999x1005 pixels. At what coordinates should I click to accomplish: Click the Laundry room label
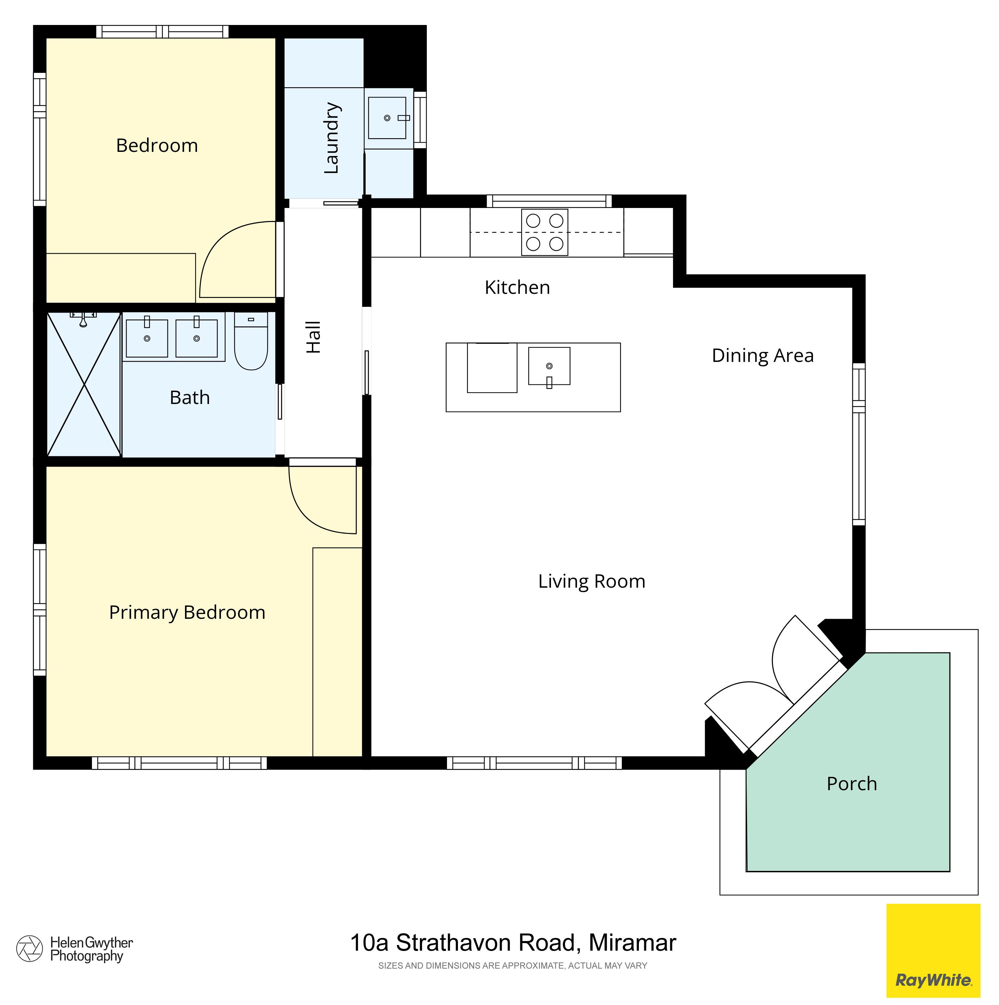[x=331, y=138]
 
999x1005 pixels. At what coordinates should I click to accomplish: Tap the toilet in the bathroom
[x=251, y=341]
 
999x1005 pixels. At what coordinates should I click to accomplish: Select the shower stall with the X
[x=84, y=384]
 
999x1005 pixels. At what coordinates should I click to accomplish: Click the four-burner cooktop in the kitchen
[x=544, y=232]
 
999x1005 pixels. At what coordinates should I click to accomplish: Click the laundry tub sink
[x=387, y=118]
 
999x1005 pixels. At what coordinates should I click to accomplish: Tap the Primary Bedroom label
[x=187, y=613]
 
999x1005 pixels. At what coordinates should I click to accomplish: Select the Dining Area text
[x=762, y=356]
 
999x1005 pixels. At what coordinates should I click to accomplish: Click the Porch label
[x=852, y=783]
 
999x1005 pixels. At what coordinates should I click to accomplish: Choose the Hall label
[x=313, y=337]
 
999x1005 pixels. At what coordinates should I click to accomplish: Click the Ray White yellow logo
[x=933, y=950]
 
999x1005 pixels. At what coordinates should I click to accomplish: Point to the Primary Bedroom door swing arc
[x=323, y=500]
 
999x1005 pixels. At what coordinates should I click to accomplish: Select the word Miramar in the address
[x=632, y=943]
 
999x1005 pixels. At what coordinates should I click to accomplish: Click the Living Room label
[x=592, y=582]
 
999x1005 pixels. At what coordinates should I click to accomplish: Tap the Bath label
[x=190, y=398]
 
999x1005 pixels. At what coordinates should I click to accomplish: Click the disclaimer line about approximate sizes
[x=513, y=965]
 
